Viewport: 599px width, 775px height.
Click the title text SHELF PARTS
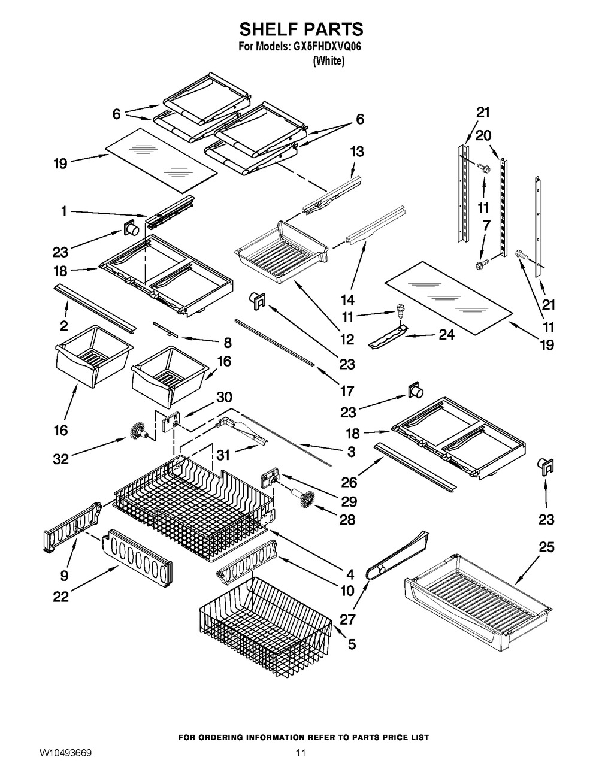click(301, 29)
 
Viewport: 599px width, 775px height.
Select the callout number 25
click(546, 547)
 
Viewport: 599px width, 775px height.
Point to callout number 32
click(60, 459)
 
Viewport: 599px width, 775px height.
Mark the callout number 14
click(347, 299)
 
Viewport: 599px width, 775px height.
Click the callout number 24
click(446, 335)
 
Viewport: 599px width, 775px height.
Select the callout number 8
click(227, 343)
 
